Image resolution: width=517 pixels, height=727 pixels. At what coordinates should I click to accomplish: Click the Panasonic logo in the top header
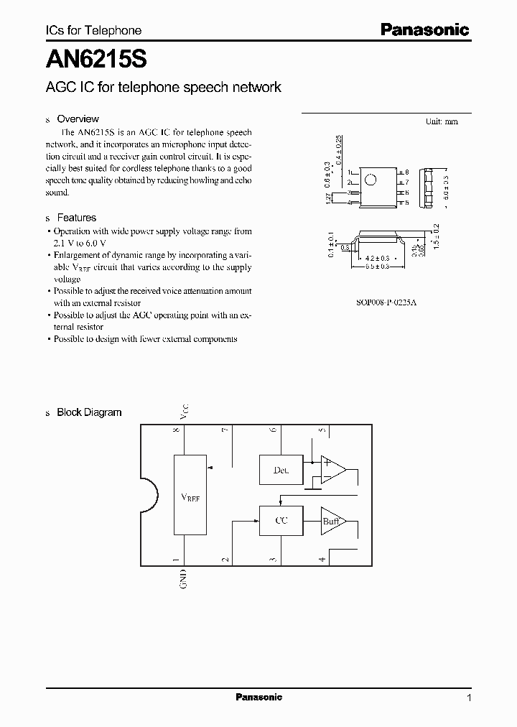pyautogui.click(x=424, y=29)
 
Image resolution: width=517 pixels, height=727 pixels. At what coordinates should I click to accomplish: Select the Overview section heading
pyautogui.click(x=78, y=119)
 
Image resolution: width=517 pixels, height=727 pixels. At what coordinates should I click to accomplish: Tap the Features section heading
pyautogui.click(x=76, y=218)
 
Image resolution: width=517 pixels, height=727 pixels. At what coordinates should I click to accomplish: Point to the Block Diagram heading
pyautogui.click(x=89, y=412)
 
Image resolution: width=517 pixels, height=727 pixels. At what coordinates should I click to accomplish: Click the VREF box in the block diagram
pyautogui.click(x=190, y=494)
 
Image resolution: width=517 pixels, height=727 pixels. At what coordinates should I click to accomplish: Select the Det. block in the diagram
pyautogui.click(x=281, y=470)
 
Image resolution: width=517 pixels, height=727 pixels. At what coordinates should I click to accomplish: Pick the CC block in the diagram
pyautogui.click(x=281, y=520)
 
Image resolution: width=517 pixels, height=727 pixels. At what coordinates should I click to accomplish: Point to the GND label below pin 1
pyautogui.click(x=184, y=579)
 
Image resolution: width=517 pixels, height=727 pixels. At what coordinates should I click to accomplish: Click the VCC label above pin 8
pyautogui.click(x=184, y=412)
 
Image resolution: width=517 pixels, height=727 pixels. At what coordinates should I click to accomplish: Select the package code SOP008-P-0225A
pyautogui.click(x=386, y=303)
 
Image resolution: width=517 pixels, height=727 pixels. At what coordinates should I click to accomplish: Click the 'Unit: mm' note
pyautogui.click(x=441, y=122)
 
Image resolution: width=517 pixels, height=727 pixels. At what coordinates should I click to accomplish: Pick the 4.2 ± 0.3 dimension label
pyautogui.click(x=378, y=257)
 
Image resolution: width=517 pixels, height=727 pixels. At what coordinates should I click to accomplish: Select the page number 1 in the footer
pyautogui.click(x=469, y=698)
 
